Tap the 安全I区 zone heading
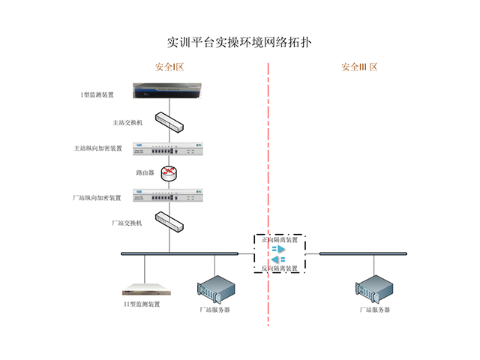(169, 67)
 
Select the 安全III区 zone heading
(359, 67)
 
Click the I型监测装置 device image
(169, 91)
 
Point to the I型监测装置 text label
(97, 95)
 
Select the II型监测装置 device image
(147, 289)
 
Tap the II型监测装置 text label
(142, 304)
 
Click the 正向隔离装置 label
(279, 240)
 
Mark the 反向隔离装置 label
(280, 268)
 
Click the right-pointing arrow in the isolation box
(278, 249)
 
